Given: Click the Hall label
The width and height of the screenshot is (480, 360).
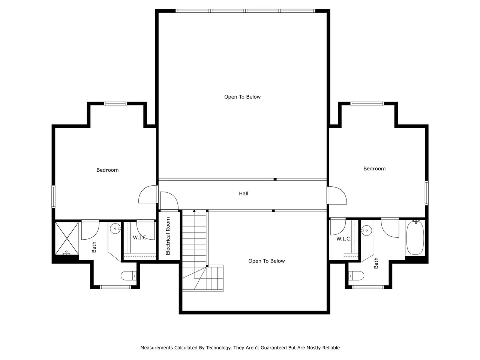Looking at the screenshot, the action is tap(243, 193).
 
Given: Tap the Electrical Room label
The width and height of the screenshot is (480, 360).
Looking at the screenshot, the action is tap(168, 236).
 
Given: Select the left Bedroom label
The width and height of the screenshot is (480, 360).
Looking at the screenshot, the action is tap(107, 170).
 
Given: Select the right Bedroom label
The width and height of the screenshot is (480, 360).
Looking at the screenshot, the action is tap(374, 168).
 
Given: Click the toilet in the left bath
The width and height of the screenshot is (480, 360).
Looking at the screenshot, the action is tap(129, 276).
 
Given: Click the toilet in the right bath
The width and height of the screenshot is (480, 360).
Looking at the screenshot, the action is tap(356, 276).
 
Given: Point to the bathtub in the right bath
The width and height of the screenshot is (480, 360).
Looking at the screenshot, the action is tap(415, 238).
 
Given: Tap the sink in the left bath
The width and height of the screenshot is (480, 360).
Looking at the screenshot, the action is tap(115, 229).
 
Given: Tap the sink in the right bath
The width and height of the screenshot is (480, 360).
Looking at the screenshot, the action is tap(366, 231).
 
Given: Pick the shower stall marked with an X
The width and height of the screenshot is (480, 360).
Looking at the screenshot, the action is tap(67, 238).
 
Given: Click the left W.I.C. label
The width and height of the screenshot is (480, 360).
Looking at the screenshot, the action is tap(140, 238).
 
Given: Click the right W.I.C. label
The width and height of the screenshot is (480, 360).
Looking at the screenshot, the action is tap(344, 239).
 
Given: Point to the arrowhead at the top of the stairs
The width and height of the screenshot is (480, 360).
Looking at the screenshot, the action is tap(194, 211).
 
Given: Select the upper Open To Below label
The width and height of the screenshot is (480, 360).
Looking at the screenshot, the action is tap(242, 97).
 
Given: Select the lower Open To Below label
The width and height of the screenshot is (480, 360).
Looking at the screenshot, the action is tap(266, 261).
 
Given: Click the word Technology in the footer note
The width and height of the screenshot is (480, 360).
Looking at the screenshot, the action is tap(219, 348).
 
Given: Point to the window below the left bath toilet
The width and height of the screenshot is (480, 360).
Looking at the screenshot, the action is tap(115, 287).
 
